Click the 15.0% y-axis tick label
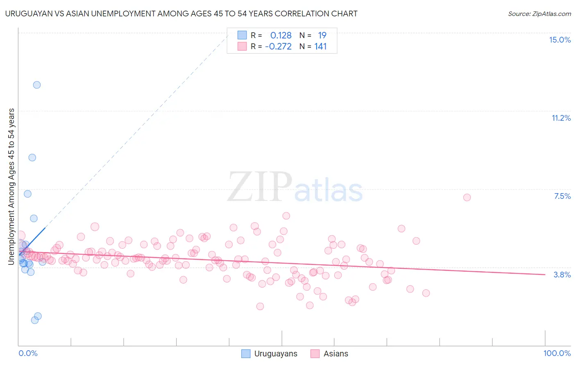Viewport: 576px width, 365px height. (x=560, y=40)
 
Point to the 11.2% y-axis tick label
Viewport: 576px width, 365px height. (x=561, y=118)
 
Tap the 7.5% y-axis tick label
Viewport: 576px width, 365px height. (x=562, y=196)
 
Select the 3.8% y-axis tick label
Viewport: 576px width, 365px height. (x=562, y=275)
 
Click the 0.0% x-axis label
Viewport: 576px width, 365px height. (x=28, y=353)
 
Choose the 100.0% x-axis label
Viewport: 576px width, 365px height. (x=557, y=353)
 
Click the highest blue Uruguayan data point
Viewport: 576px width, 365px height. (x=37, y=85)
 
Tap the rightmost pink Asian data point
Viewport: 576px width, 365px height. (x=467, y=197)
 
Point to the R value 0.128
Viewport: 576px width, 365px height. (x=281, y=36)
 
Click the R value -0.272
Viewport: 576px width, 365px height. (x=278, y=47)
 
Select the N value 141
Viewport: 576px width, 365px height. (x=320, y=47)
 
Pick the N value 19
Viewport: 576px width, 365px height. (x=322, y=36)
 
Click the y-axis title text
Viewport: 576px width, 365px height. (x=11, y=186)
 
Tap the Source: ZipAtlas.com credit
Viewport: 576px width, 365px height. (x=539, y=14)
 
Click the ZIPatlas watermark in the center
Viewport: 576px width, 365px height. (x=295, y=187)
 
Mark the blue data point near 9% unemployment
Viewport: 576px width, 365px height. (x=32, y=158)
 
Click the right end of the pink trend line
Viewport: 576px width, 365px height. (x=545, y=274)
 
